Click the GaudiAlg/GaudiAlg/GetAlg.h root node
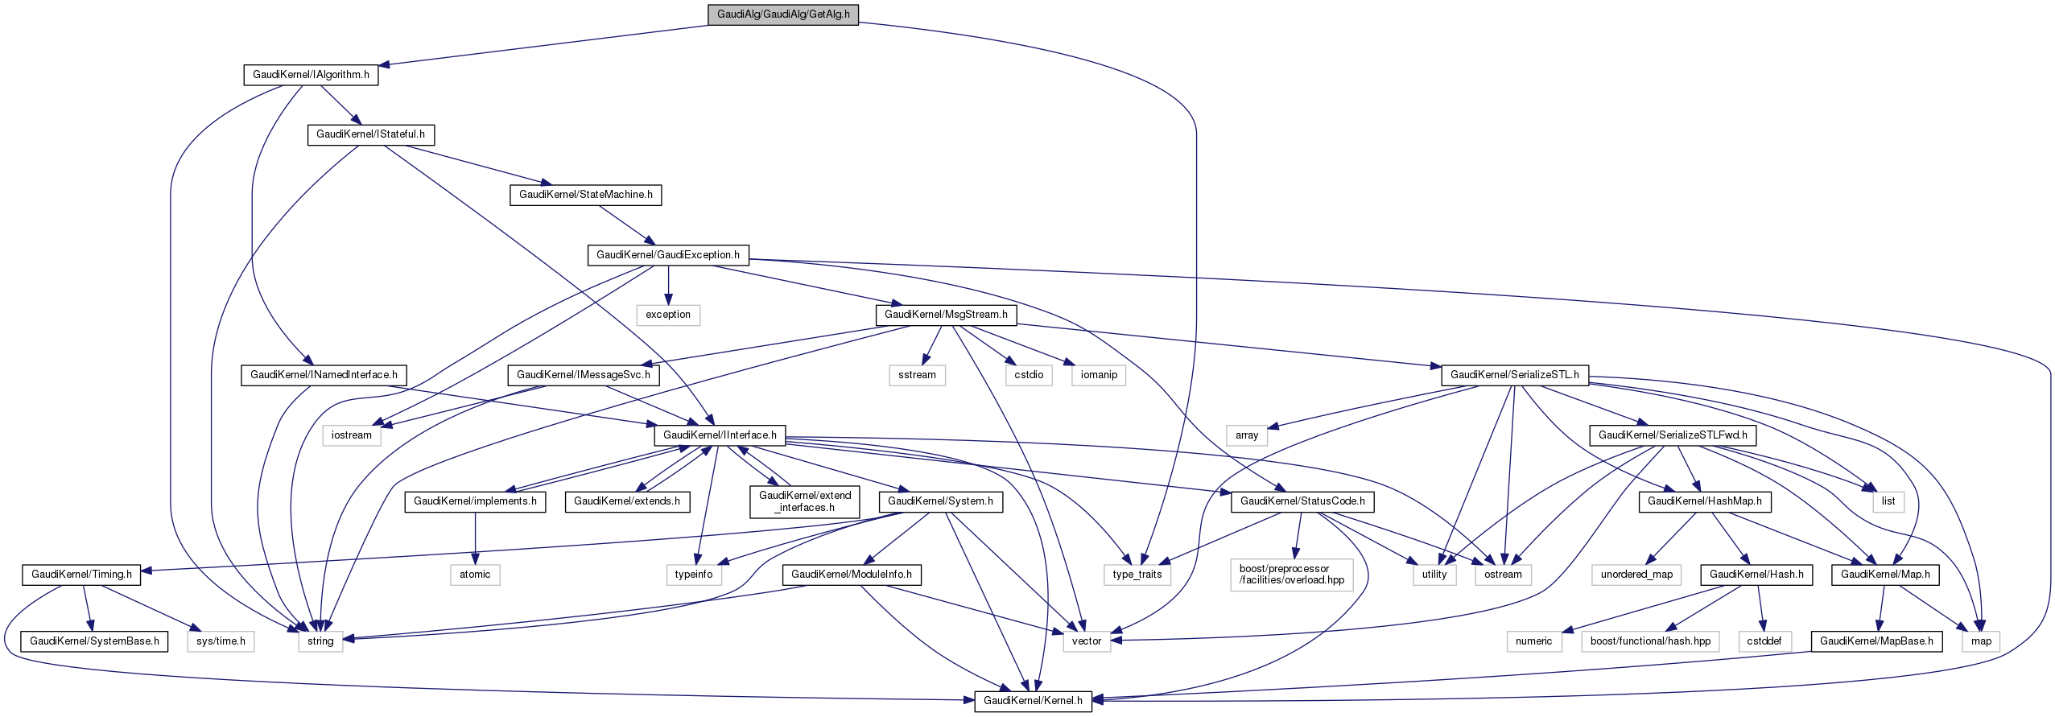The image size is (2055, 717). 783,14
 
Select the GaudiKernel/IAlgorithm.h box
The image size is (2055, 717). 311,75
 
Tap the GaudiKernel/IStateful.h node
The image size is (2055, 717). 370,134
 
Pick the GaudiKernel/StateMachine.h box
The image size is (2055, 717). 585,195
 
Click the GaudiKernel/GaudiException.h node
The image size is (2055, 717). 668,255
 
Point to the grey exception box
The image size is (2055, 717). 668,315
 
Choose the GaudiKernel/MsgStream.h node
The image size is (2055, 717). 946,315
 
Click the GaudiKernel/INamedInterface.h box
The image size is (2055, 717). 324,375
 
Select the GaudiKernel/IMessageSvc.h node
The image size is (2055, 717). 584,375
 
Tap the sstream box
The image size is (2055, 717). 917,375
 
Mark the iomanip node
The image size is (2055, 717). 1099,375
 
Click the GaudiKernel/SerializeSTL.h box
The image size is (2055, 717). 1514,375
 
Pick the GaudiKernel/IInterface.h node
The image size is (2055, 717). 720,435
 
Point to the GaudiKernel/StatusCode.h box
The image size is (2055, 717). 1302,501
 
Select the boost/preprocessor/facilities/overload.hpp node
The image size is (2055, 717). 1291,575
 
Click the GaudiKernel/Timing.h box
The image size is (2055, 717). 81,575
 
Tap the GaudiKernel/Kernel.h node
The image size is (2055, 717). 1033,701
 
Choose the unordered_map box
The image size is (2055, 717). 1636,575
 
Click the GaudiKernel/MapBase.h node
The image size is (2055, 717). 1876,641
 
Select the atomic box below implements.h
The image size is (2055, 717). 475,575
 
